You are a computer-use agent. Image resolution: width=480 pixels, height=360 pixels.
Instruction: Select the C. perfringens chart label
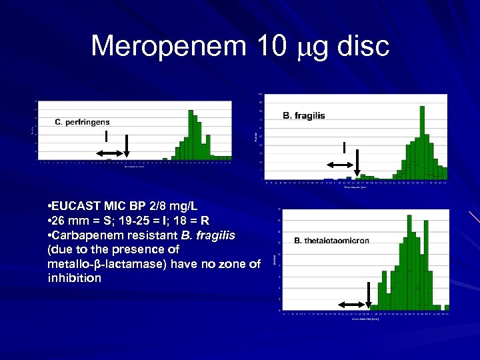82,122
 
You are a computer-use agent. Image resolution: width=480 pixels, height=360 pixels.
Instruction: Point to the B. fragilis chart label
304,116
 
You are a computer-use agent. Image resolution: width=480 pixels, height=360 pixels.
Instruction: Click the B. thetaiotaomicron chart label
331,241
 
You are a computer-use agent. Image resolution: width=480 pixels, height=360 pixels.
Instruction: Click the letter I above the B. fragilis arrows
344,147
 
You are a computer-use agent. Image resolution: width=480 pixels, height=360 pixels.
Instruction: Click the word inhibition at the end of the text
75,279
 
